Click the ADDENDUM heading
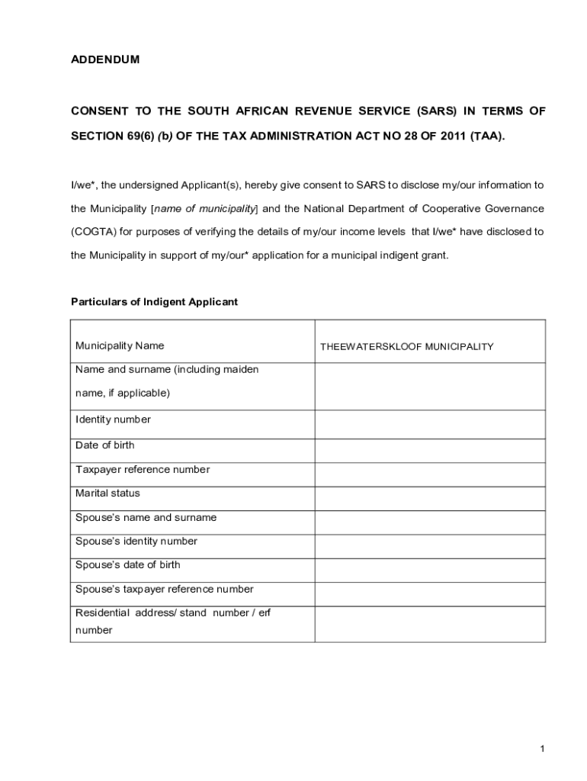click(x=105, y=59)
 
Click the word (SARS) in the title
click(x=435, y=111)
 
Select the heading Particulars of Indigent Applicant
click(x=154, y=301)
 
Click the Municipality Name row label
click(x=120, y=346)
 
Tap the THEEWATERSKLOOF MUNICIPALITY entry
click(x=406, y=346)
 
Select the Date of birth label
click(x=104, y=445)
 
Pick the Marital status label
click(x=107, y=493)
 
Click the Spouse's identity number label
click(x=136, y=541)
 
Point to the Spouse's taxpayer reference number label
click(x=164, y=589)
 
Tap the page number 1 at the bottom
click(x=542, y=750)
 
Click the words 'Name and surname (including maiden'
click(x=167, y=369)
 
